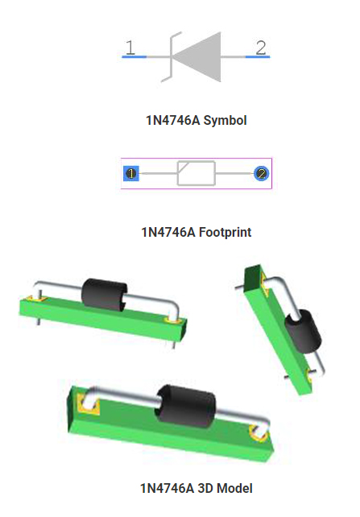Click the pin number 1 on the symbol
(130, 48)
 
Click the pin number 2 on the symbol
(261, 48)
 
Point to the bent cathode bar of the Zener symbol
(171, 56)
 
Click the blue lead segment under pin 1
(134, 57)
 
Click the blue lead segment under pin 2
(258, 57)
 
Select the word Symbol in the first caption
(225, 120)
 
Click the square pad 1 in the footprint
(131, 173)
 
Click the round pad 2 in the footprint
(262, 173)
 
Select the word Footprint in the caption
(226, 233)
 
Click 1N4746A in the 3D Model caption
(167, 488)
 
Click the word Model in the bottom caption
(234, 488)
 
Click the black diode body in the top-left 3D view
(104, 295)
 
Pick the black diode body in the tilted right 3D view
(303, 331)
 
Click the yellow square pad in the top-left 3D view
(36, 299)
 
